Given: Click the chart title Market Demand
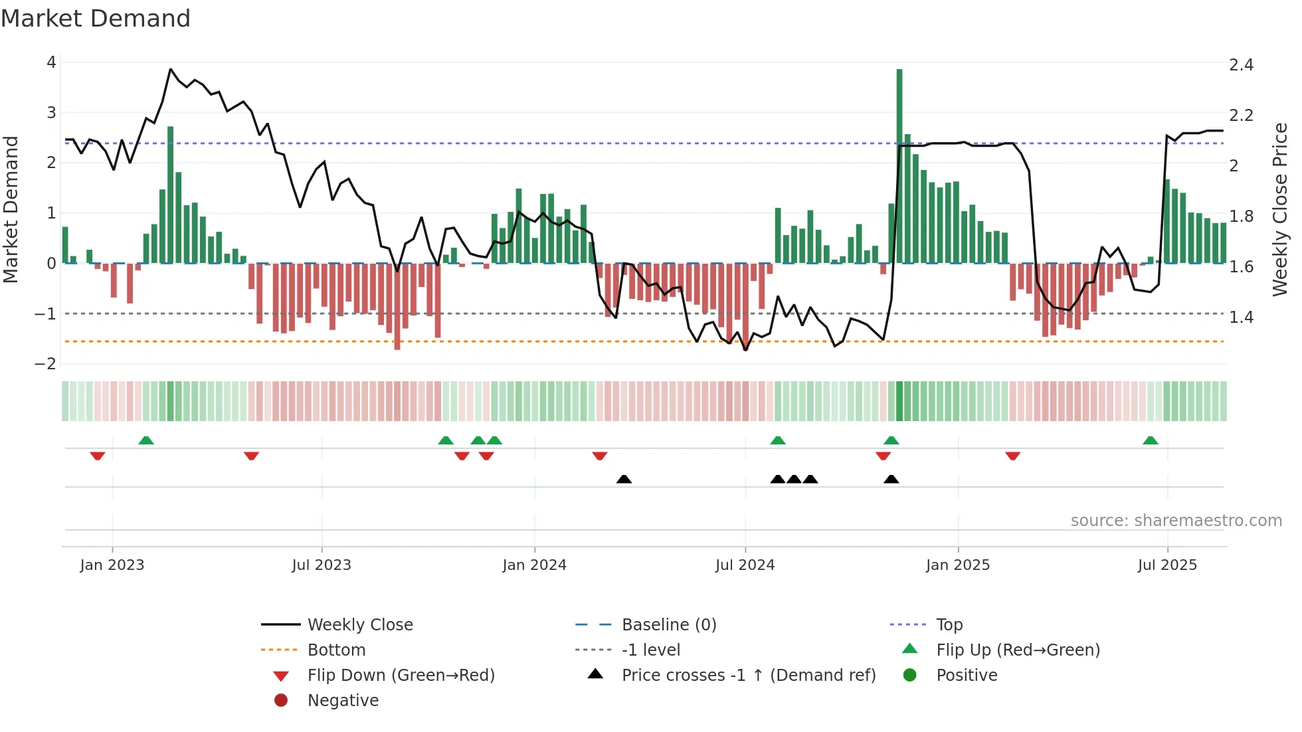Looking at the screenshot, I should [x=96, y=19].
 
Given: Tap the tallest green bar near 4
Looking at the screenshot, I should [x=899, y=166].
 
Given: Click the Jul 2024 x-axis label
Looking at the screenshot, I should [x=745, y=565].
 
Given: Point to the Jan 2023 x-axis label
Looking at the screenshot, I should [x=112, y=565].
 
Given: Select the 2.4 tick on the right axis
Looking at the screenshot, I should [x=1241, y=65].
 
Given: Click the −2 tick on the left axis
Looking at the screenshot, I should [x=45, y=364].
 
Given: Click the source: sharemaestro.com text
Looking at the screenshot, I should [x=1176, y=521].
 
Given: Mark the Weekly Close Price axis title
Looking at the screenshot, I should [x=1279, y=209].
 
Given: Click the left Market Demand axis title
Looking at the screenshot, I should [x=11, y=209].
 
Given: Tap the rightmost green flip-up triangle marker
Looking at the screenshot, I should [x=1151, y=440].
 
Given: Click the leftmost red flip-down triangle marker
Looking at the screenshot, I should [x=98, y=456].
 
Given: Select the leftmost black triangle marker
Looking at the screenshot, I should [x=624, y=479].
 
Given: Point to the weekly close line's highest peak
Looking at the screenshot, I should [x=171, y=69].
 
